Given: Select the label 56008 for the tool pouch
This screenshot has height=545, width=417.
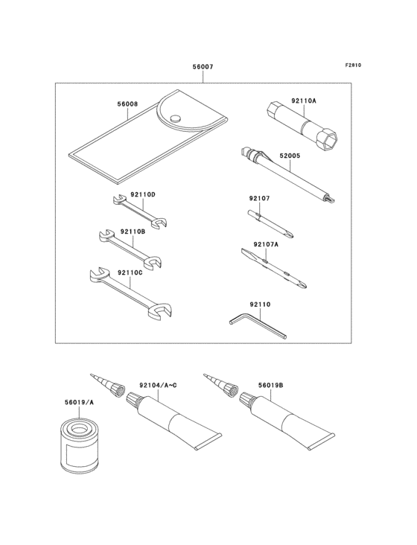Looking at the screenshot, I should pyautogui.click(x=127, y=105).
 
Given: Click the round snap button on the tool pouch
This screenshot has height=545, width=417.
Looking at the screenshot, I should pyautogui.click(x=175, y=117).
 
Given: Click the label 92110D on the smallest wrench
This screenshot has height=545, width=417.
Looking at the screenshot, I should pyautogui.click(x=142, y=195).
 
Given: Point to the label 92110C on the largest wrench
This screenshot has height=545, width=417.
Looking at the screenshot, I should pyautogui.click(x=142, y=273).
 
